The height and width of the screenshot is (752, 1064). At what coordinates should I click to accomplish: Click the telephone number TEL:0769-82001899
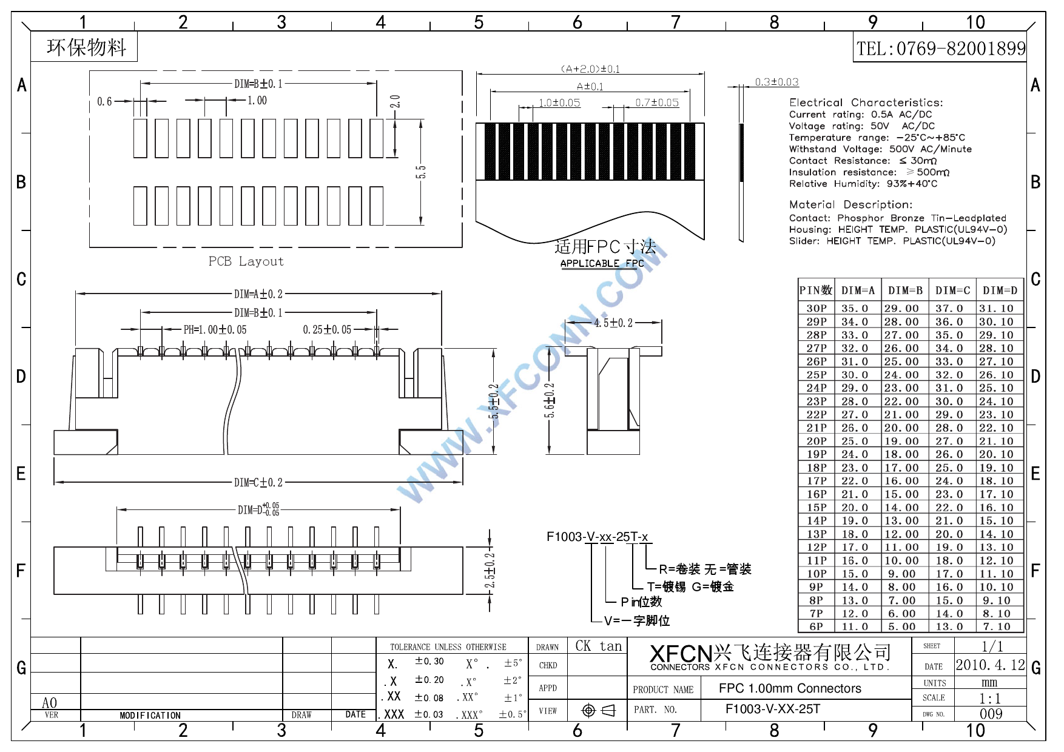(x=941, y=49)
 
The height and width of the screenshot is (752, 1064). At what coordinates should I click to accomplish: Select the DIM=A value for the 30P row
(x=854, y=308)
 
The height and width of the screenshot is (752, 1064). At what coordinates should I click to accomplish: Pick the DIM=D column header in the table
(x=1000, y=290)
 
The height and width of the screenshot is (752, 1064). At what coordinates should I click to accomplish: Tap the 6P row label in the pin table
(x=816, y=626)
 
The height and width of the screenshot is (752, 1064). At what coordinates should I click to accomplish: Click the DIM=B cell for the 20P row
(x=901, y=441)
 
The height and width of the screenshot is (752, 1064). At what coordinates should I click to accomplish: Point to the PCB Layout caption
(x=246, y=261)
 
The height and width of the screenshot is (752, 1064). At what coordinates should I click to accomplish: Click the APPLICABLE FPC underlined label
(x=602, y=263)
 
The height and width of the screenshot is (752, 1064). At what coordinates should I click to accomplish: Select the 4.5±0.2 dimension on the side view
(x=613, y=323)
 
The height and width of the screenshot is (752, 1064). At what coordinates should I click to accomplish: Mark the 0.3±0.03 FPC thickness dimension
(x=776, y=82)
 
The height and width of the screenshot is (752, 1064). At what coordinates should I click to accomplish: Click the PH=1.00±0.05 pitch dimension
(x=215, y=329)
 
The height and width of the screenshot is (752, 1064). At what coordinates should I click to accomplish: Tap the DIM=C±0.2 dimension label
(x=258, y=483)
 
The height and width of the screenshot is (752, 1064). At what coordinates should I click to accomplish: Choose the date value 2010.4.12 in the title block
(x=990, y=665)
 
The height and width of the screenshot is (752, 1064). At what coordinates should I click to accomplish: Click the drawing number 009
(x=991, y=714)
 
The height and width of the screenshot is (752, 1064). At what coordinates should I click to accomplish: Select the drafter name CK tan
(x=598, y=646)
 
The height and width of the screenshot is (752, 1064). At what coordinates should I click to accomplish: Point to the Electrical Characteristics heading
(x=866, y=102)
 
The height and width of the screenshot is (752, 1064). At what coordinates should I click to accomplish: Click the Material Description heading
(x=850, y=204)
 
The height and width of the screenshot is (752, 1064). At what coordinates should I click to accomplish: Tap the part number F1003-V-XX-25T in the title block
(x=772, y=709)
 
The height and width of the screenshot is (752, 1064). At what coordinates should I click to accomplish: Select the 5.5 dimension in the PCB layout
(x=420, y=172)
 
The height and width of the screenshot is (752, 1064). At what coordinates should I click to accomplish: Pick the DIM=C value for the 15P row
(x=949, y=508)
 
